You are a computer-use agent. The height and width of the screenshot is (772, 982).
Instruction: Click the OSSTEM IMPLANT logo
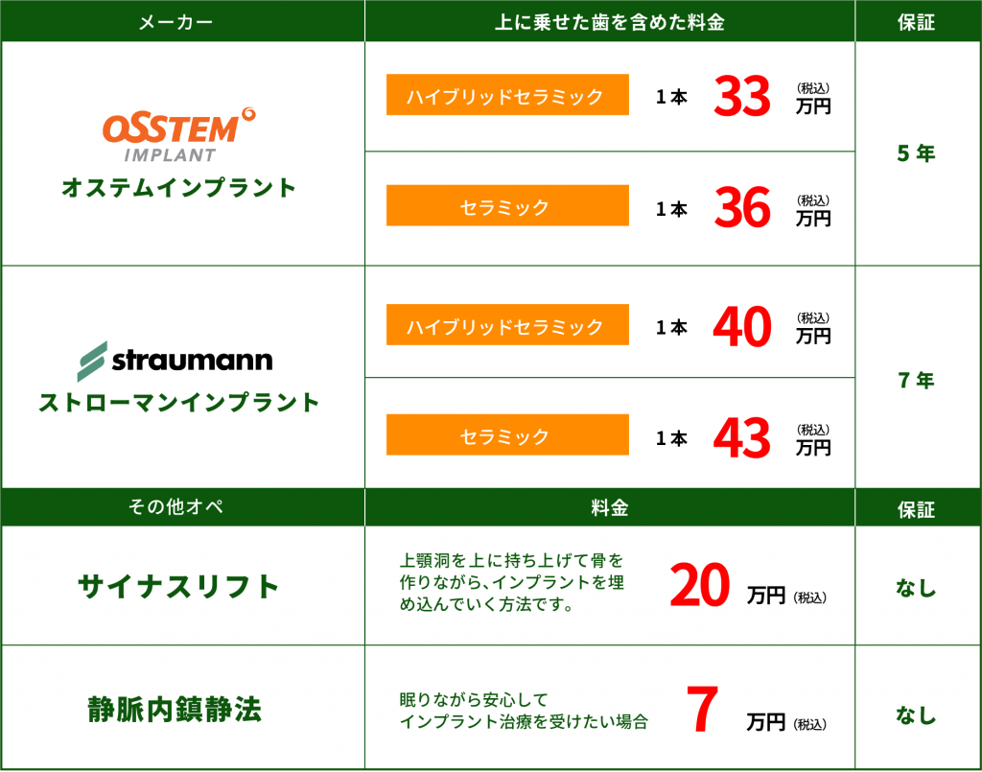[x=178, y=134]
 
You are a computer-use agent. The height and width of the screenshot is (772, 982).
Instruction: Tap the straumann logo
[x=175, y=361]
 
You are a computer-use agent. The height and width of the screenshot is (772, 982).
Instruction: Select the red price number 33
[x=742, y=96]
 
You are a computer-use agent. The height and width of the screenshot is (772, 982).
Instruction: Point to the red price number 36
[x=742, y=207]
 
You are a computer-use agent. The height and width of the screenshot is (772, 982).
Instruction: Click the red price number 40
[x=742, y=326]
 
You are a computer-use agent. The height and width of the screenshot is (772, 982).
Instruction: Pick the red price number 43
[x=742, y=437]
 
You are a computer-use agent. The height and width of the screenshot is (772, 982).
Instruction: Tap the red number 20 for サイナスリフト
[x=700, y=585]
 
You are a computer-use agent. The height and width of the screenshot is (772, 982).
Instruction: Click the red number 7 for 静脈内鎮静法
[x=702, y=709]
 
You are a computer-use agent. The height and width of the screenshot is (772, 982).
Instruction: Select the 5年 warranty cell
[x=916, y=153]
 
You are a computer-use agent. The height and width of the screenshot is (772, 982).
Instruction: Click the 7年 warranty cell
[x=916, y=380]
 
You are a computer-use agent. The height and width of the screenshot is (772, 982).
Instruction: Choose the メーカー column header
[x=176, y=23]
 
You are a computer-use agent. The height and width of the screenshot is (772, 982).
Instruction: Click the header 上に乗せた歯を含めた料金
[x=609, y=23]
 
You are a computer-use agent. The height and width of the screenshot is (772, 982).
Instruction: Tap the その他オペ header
[x=176, y=506]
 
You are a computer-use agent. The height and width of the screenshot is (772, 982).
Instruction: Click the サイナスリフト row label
[x=178, y=587]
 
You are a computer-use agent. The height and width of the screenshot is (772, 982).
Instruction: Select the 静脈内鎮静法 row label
[x=175, y=710]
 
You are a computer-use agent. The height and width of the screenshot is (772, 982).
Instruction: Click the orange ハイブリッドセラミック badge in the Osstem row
[x=507, y=95]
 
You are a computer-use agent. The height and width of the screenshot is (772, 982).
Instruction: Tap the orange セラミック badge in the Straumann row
[x=507, y=434]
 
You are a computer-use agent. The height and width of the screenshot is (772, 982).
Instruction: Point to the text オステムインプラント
[x=178, y=188]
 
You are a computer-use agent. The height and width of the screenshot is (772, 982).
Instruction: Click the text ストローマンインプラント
[x=178, y=402]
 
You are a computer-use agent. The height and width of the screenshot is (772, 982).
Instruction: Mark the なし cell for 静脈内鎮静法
[x=916, y=714]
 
